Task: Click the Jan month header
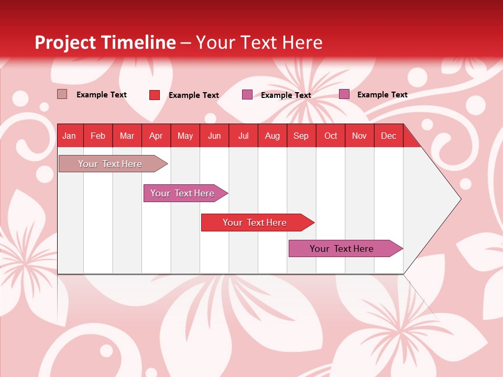click(70, 136)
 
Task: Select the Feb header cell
click(98, 136)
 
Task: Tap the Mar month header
click(127, 136)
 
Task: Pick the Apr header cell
click(156, 136)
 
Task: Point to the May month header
click(185, 136)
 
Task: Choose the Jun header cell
click(214, 136)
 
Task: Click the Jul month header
click(243, 136)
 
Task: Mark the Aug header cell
click(272, 136)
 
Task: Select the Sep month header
click(301, 136)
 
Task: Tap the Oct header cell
click(331, 136)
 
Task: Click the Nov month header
click(359, 136)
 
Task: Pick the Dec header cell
click(389, 136)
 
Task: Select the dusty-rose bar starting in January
click(111, 164)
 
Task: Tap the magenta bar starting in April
click(183, 193)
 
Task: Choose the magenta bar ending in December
click(342, 249)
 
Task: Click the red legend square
click(155, 95)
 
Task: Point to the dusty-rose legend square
click(62, 94)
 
